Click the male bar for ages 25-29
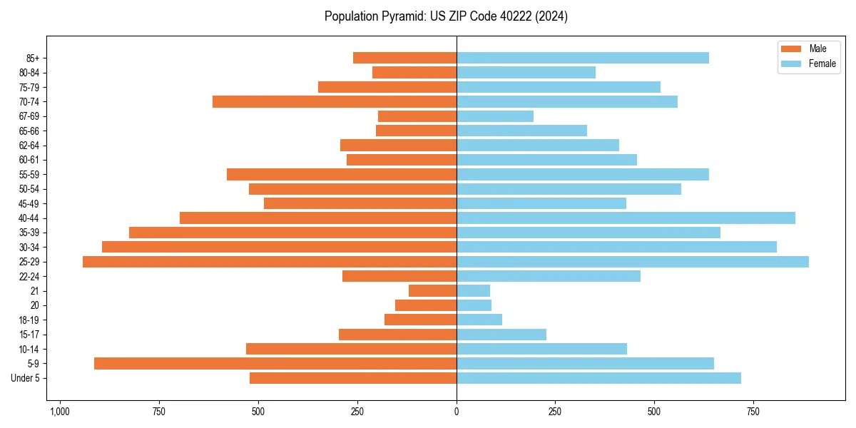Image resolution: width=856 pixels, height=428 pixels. point(270,262)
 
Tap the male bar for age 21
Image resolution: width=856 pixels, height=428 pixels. point(432,291)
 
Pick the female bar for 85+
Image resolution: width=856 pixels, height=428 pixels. point(583,58)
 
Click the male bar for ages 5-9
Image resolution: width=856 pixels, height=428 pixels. point(275,364)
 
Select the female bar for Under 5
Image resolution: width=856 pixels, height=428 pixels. point(598,378)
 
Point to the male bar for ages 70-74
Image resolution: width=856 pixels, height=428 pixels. point(335,102)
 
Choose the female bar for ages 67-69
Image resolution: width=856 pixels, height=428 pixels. point(495,116)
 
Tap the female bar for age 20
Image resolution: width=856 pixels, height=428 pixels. point(474,305)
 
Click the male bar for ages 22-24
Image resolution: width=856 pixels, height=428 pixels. point(399,276)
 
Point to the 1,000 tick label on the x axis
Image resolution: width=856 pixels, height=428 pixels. point(59,412)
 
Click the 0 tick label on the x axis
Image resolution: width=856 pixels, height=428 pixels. point(457,412)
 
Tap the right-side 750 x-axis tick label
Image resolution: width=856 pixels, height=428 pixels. point(753,412)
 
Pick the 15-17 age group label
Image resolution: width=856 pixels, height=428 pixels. point(29,335)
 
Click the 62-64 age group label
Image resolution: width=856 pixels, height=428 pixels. point(29,146)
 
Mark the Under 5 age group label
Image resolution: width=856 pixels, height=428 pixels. point(26,378)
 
